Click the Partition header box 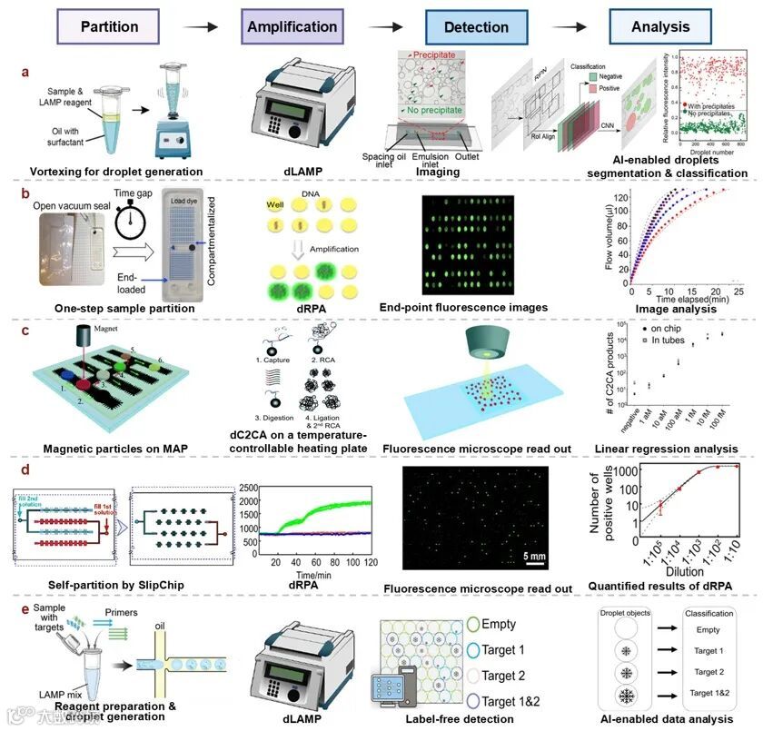(x=110, y=26)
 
